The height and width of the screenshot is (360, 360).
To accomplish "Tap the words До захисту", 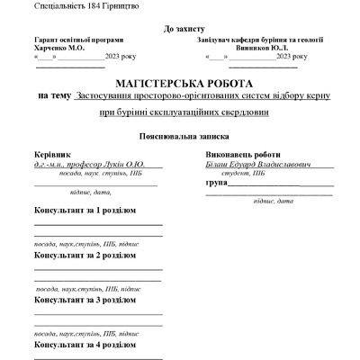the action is [179, 29].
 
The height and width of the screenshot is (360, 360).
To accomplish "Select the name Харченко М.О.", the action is [58, 48].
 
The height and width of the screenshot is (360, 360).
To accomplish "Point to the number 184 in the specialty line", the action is [95, 6].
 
